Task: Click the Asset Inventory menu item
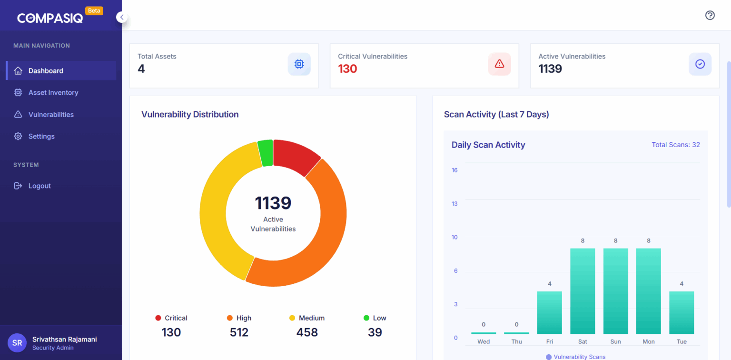pos(53,92)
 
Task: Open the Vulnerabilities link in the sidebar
pos(51,114)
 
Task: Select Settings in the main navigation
pos(41,136)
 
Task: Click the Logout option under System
pos(39,186)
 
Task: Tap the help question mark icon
pos(710,15)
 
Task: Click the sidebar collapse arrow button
pos(122,17)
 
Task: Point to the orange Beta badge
pos(94,10)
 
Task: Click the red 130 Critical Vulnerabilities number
pos(347,69)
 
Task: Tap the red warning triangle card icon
pos(499,64)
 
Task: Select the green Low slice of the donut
pos(266,153)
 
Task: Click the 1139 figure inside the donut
pos(273,203)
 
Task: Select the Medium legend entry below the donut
pos(307,318)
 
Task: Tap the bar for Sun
pos(615,291)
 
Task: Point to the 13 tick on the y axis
pos(454,204)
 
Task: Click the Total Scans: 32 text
pos(675,145)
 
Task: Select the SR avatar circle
pos(17,343)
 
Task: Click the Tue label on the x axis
pos(682,341)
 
